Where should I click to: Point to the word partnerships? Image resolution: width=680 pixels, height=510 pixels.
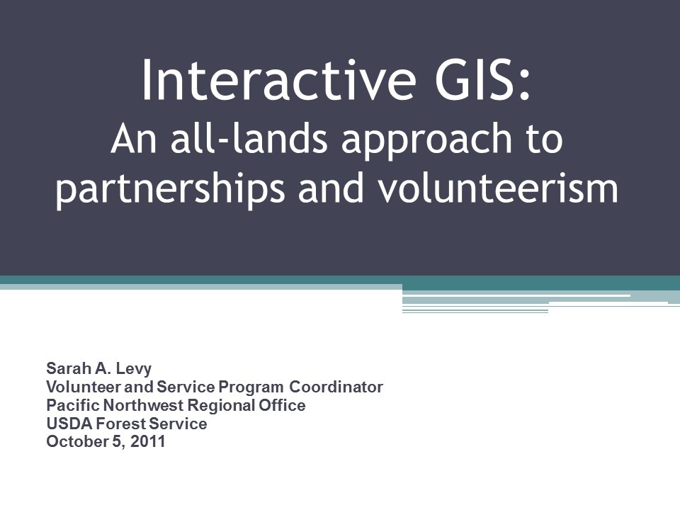click(x=174, y=189)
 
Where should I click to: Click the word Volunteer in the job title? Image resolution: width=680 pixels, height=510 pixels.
click(x=76, y=387)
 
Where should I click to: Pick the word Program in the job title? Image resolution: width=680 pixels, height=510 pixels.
click(x=251, y=387)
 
